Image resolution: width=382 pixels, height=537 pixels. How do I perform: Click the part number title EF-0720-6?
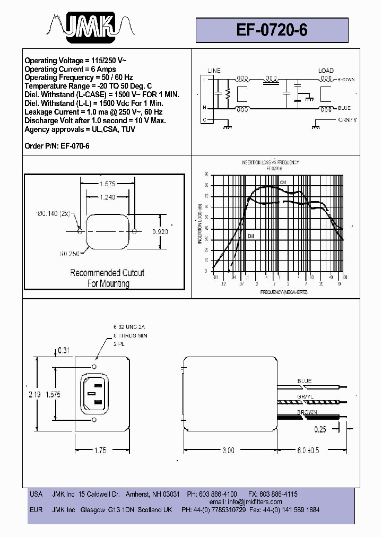(x=272, y=30)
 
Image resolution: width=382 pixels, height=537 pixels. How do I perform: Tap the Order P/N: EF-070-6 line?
(x=57, y=145)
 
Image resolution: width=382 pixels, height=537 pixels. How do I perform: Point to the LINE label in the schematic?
(x=214, y=71)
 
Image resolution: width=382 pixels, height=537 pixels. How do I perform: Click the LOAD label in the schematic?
(x=326, y=71)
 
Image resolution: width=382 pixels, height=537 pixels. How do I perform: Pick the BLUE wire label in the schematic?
(x=344, y=108)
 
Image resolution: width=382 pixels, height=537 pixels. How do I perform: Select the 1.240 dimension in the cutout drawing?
(x=107, y=197)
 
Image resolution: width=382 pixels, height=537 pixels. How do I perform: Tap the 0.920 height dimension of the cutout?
(x=160, y=232)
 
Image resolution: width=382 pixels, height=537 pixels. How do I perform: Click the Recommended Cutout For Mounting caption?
(x=107, y=278)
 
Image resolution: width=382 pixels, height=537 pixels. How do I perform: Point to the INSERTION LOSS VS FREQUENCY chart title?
(x=271, y=162)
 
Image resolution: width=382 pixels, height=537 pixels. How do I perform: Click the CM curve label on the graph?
(x=283, y=183)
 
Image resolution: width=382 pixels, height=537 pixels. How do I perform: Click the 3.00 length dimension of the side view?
(x=228, y=450)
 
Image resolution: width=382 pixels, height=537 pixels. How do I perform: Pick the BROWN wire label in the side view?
(x=307, y=412)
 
